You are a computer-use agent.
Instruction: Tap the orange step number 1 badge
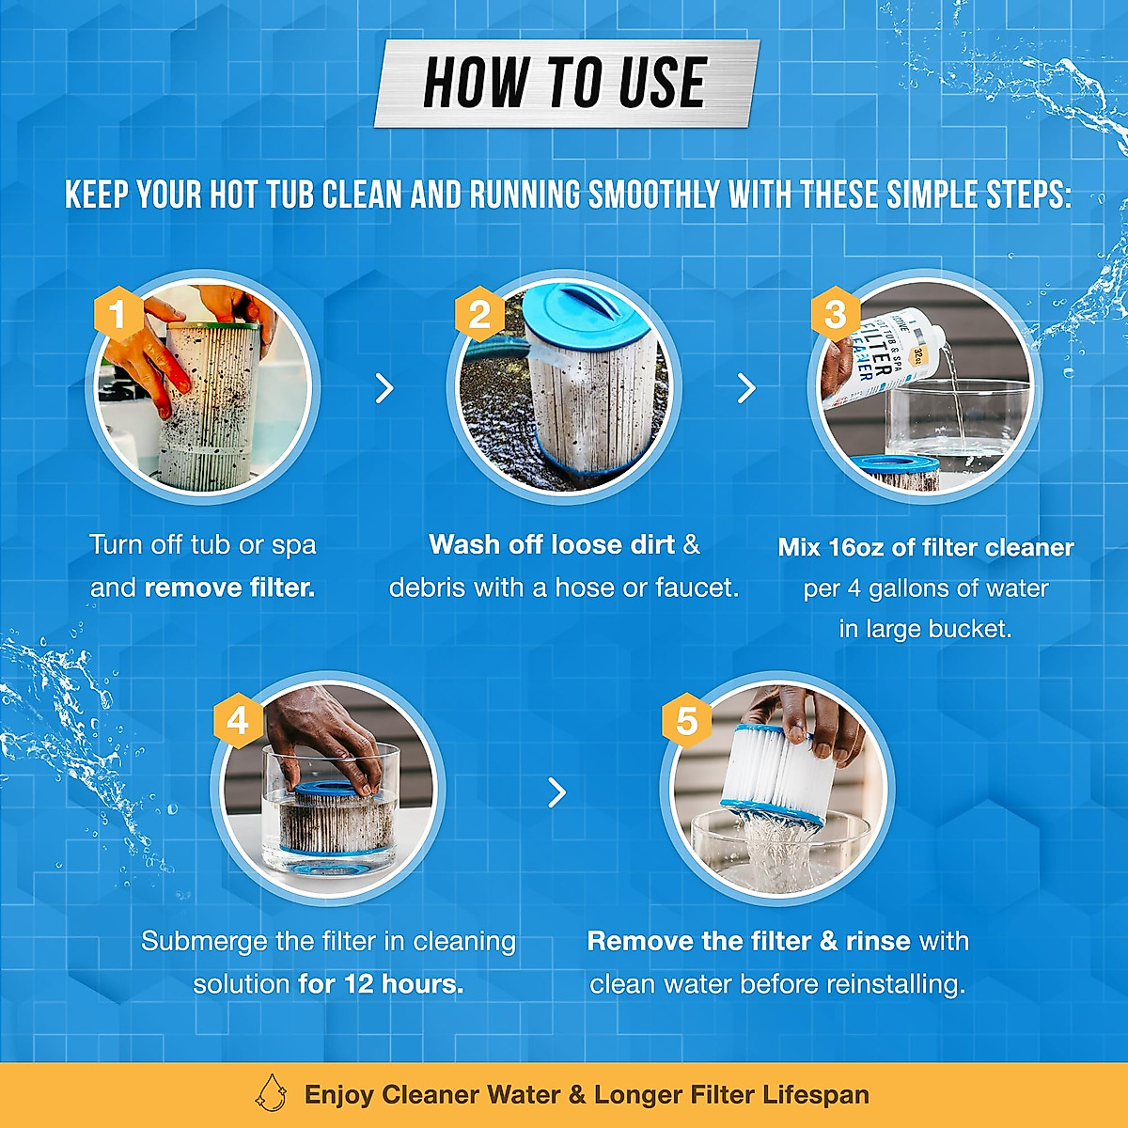point(117,314)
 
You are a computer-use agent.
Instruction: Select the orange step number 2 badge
point(479,314)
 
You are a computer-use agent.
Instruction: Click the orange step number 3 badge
point(835,314)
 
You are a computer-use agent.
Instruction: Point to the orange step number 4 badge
point(238,721)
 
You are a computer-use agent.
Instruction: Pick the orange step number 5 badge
point(686,721)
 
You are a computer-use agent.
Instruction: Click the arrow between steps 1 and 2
point(384,387)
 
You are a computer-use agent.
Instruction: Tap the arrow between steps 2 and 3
point(746,387)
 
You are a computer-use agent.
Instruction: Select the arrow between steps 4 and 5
point(557,792)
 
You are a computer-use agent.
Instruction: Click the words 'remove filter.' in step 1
point(229,588)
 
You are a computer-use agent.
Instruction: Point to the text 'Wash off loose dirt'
point(552,545)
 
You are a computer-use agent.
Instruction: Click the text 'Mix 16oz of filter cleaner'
point(926,548)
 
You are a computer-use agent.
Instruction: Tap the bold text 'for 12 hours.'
point(381,984)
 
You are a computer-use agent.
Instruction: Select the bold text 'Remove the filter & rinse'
point(748,942)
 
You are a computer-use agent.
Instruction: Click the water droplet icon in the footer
point(272,1094)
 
